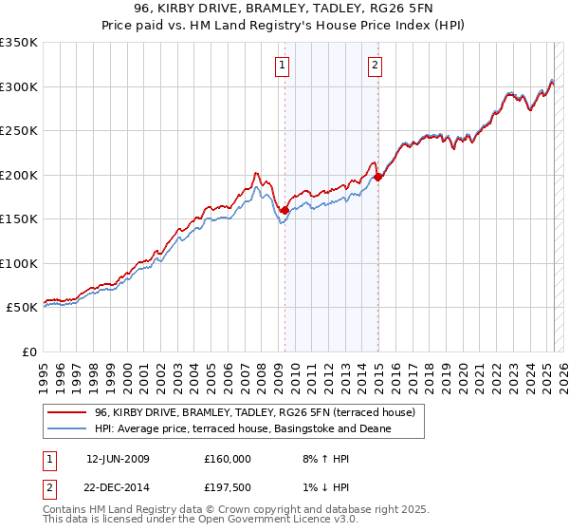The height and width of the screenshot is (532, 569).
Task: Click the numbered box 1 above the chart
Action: (284, 66)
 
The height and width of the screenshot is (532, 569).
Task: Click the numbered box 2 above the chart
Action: (376, 66)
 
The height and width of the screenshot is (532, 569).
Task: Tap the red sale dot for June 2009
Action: (284, 210)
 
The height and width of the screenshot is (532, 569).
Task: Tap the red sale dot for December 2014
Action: (378, 177)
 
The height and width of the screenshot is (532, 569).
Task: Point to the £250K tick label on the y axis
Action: (19, 130)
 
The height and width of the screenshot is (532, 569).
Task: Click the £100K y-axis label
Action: (19, 263)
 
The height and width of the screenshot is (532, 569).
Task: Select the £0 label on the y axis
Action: (30, 351)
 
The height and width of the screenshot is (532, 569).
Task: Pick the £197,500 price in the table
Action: (228, 489)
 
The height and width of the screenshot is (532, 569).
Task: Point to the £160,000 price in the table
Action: (228, 459)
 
